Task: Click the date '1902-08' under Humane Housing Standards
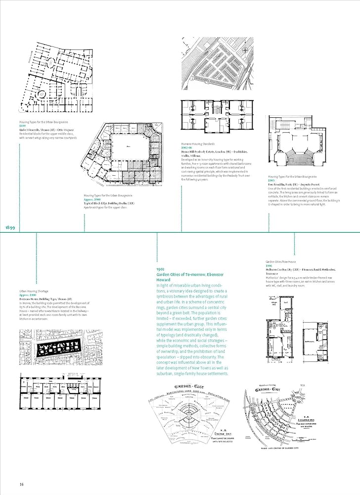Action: (187, 148)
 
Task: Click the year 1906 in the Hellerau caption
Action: (270, 265)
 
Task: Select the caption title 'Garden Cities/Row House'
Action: (281, 261)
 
